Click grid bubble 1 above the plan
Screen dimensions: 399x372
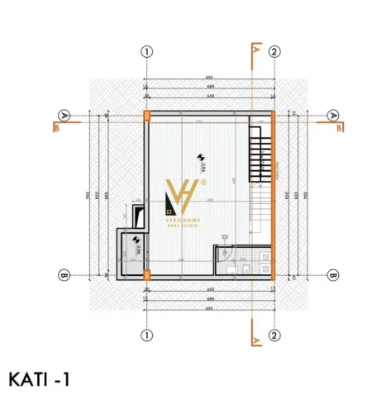[146, 51]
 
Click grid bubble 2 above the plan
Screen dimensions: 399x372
[274, 51]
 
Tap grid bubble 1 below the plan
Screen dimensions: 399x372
[146, 335]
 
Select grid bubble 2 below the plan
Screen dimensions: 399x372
[274, 335]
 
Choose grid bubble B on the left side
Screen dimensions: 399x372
[64, 275]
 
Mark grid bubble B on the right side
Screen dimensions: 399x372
[334, 275]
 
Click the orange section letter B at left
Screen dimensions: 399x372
[55, 128]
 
